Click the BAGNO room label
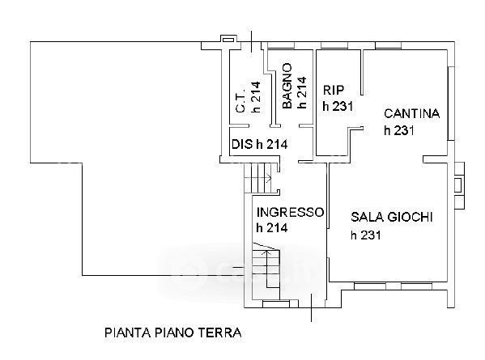287,86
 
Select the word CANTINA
411,114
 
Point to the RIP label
334,90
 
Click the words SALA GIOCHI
392,217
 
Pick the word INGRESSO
291,212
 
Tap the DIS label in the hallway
242,144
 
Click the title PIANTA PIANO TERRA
173,332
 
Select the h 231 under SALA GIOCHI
366,235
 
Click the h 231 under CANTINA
399,130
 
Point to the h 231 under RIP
338,106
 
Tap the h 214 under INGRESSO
272,228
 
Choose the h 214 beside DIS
272,144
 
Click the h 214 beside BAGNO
301,93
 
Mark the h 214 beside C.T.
256,96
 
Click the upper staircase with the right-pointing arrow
258,178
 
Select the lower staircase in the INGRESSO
266,270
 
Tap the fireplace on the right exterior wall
459,185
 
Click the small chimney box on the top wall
228,39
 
